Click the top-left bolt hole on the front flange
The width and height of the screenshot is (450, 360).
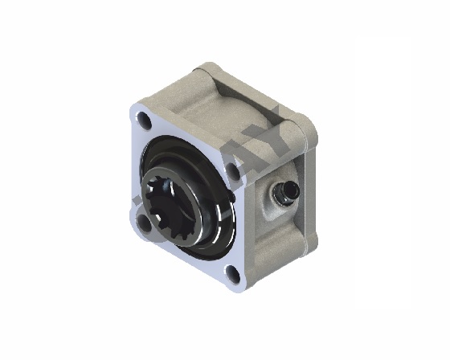coord(144,121)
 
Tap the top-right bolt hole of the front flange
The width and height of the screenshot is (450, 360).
coord(233,170)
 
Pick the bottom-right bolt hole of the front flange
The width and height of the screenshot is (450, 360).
coord(232,274)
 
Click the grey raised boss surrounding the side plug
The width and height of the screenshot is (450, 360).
coord(273,198)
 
